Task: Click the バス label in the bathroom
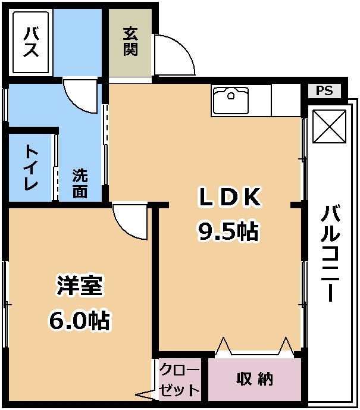pyautogui.click(x=31, y=42)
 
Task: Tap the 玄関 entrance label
pyautogui.click(x=130, y=41)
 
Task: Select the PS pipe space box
pyautogui.click(x=324, y=91)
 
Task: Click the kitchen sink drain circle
pyautogui.click(x=231, y=95)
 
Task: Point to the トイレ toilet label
pyautogui.click(x=31, y=168)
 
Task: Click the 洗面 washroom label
pyautogui.click(x=80, y=183)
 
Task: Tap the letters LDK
pyautogui.click(x=230, y=196)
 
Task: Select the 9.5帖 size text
pyautogui.click(x=228, y=231)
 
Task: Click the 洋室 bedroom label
pyautogui.click(x=80, y=286)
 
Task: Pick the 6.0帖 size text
pyautogui.click(x=79, y=320)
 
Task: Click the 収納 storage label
pyautogui.click(x=255, y=378)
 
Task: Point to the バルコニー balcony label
pyautogui.click(x=330, y=253)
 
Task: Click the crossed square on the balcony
pyautogui.click(x=330, y=126)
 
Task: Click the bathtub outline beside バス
pyautogui.click(x=31, y=42)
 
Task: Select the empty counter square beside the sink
pyautogui.click(x=286, y=101)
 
